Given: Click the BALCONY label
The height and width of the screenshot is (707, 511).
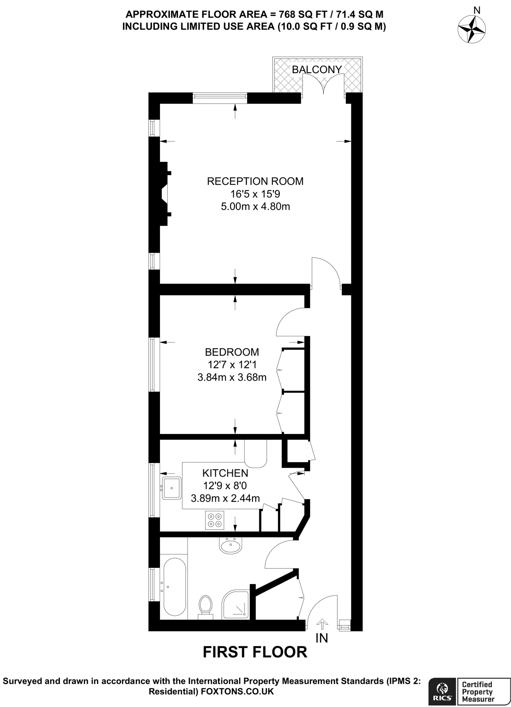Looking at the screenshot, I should tap(316, 70).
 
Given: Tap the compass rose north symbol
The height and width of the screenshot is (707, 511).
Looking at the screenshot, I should tap(472, 30).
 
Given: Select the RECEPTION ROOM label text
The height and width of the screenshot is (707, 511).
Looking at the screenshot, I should tap(255, 181).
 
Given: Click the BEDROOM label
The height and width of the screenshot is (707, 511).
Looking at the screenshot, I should tap(232, 352).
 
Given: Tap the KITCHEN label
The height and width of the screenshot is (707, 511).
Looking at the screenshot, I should tap(225, 473).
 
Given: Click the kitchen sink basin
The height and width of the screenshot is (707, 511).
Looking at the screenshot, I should tap(172, 488).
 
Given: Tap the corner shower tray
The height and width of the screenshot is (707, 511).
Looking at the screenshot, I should tap(236, 604).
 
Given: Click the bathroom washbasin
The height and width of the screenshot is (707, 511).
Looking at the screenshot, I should tap(230, 546).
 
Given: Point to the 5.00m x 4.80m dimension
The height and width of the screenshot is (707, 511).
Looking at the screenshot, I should tap(255, 207).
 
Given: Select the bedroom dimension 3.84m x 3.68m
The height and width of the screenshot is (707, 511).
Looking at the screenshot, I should tap(232, 377).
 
